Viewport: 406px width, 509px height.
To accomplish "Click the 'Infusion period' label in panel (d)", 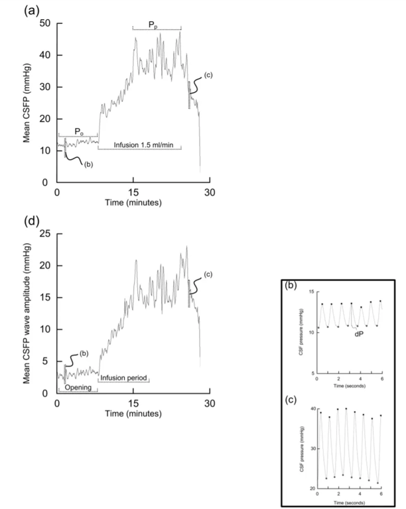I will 124,379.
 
